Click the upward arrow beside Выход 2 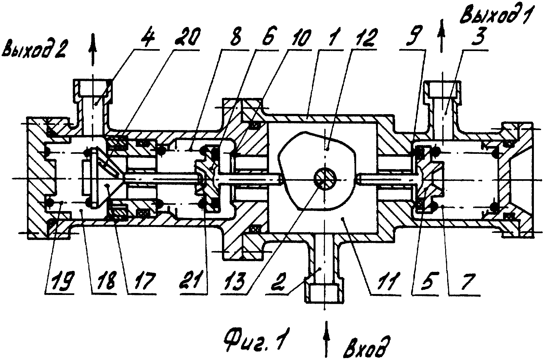(x=93, y=50)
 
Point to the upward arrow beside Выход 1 (x=442, y=36)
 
